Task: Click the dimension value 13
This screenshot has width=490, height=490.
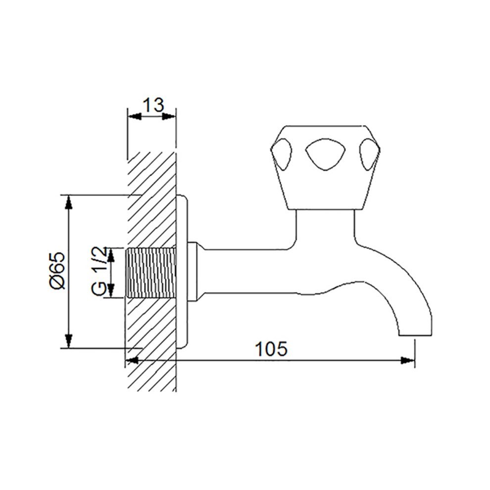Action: (x=153, y=105)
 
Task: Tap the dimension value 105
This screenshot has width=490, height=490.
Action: (x=271, y=349)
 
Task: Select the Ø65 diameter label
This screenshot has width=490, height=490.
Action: (x=57, y=271)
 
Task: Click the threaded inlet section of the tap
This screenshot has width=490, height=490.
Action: (x=150, y=272)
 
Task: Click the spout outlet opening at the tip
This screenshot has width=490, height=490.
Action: (x=415, y=336)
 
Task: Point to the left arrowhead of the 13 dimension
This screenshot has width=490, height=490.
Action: (x=135, y=117)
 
